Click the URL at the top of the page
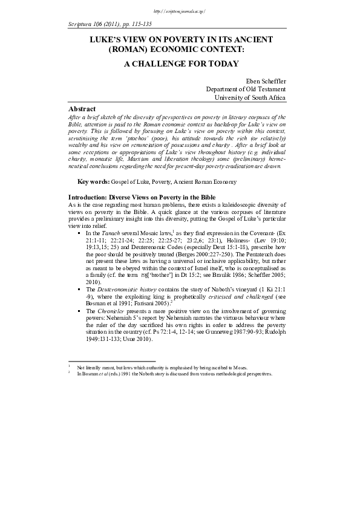pos(180,11)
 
